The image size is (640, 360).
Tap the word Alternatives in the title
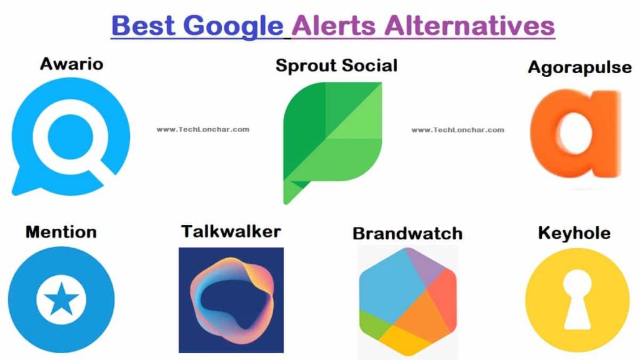click(x=469, y=25)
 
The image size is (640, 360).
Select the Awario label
click(x=71, y=64)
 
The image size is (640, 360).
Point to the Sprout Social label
click(x=336, y=66)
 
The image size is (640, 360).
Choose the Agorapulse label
click(x=579, y=67)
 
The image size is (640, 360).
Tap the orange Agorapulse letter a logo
click(x=576, y=134)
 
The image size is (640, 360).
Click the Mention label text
click(x=61, y=232)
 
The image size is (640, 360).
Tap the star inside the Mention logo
click(x=61, y=299)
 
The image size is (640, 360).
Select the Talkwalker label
click(x=231, y=231)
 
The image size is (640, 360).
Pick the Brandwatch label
click(x=407, y=234)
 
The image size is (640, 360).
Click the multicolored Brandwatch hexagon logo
click(x=407, y=301)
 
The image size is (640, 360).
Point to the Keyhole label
click(x=574, y=233)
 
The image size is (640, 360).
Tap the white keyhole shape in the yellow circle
click(x=577, y=299)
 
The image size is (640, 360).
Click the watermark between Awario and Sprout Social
click(x=203, y=129)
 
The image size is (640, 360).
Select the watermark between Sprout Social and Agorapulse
click(x=457, y=130)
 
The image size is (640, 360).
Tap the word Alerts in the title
click(x=334, y=25)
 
